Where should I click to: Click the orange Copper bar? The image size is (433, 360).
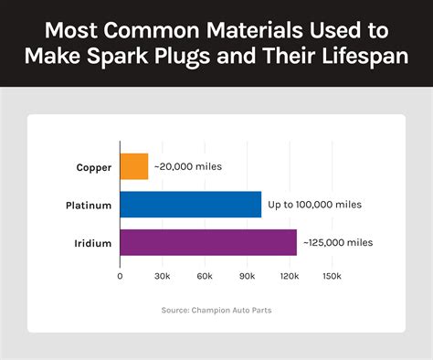pos(134,166)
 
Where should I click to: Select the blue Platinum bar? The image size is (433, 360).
pos(191,205)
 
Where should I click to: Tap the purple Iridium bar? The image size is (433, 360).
pos(208,242)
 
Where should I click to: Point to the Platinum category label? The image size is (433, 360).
pos(89,206)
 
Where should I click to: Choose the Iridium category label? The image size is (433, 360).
pos(93,243)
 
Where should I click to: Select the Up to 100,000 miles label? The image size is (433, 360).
pos(314,205)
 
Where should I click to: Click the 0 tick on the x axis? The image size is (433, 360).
pos(120,276)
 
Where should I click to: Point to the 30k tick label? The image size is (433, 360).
pos(163,276)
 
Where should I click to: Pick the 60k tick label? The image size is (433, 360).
pos(205,276)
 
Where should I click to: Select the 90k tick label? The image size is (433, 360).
pos(247,276)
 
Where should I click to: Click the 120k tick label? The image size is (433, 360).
pos(289,276)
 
